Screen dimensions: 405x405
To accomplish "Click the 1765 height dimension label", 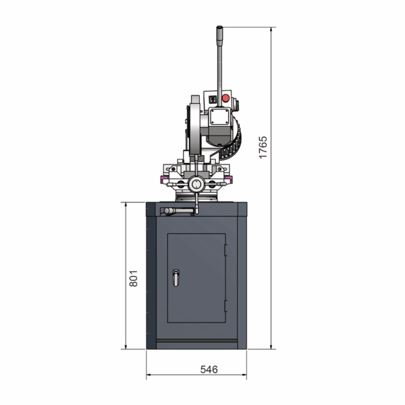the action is pyautogui.click(x=263, y=147).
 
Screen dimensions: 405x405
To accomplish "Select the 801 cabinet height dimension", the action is pyautogui.click(x=133, y=278).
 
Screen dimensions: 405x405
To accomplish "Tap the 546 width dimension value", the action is pyautogui.click(x=209, y=370).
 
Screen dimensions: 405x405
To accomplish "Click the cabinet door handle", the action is pyautogui.click(x=176, y=278).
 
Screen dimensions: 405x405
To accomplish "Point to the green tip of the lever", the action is pyautogui.click(x=219, y=27).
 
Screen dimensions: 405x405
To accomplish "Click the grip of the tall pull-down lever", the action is pyautogui.click(x=219, y=36).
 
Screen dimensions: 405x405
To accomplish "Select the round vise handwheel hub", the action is pyautogui.click(x=196, y=184).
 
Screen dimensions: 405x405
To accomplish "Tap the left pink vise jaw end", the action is pyautogui.click(x=163, y=179).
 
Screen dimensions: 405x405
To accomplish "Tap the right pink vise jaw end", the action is pyautogui.click(x=228, y=179).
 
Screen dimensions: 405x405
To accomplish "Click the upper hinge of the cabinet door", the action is pyautogui.click(x=225, y=250).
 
